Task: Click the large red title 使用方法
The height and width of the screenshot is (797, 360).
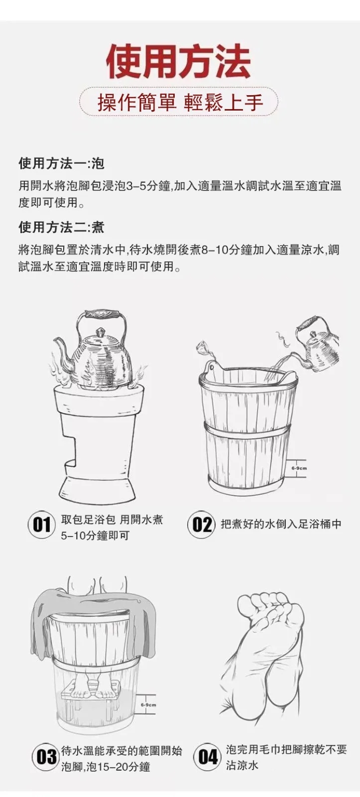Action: coord(179,61)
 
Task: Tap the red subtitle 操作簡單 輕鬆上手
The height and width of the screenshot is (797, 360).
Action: coord(180,103)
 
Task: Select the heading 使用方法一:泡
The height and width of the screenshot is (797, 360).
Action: coord(62,163)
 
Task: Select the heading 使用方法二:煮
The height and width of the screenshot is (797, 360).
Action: coord(62,227)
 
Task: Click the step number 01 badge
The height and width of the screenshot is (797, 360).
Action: coord(42,525)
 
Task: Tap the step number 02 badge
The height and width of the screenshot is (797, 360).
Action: coord(201,525)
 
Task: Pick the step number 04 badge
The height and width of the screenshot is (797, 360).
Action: coord(208,757)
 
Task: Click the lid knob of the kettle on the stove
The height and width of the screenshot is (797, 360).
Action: coord(101,333)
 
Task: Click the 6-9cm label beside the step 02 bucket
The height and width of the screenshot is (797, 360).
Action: coord(299,468)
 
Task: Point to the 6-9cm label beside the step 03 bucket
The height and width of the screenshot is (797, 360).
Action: coord(148,704)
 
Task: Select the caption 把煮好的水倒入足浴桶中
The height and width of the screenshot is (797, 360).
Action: coord(281,524)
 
